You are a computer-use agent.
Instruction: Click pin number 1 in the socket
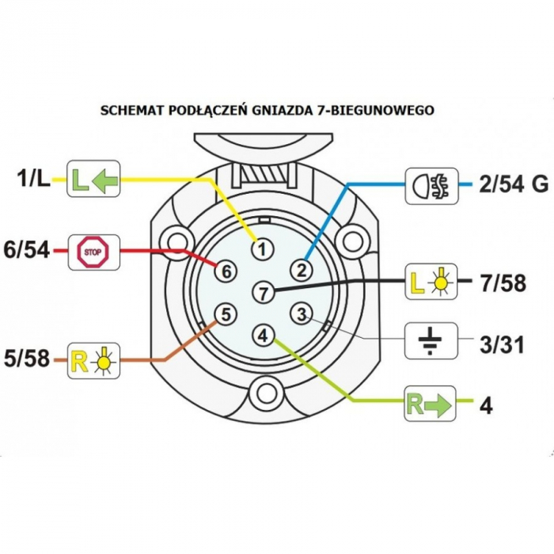coord(263,249)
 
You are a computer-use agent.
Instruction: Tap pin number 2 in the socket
coord(302,271)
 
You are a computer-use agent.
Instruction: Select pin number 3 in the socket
coord(302,314)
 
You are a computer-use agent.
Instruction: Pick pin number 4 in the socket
coord(264,336)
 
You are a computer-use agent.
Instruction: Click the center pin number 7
coord(264,292)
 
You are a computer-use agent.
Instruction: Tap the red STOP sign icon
coord(93,252)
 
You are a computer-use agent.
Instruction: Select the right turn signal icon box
coord(430,403)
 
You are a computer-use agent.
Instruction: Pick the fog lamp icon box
coord(431,186)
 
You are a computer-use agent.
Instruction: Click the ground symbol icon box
coord(431,340)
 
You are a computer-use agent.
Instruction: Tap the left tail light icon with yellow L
coord(431,281)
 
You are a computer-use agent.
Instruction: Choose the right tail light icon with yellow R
coord(93,361)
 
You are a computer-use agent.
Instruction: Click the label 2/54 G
coord(514,184)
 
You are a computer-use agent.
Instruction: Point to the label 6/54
coord(26,251)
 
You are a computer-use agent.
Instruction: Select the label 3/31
coord(501,345)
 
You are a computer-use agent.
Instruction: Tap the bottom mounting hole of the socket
coord(267,393)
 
